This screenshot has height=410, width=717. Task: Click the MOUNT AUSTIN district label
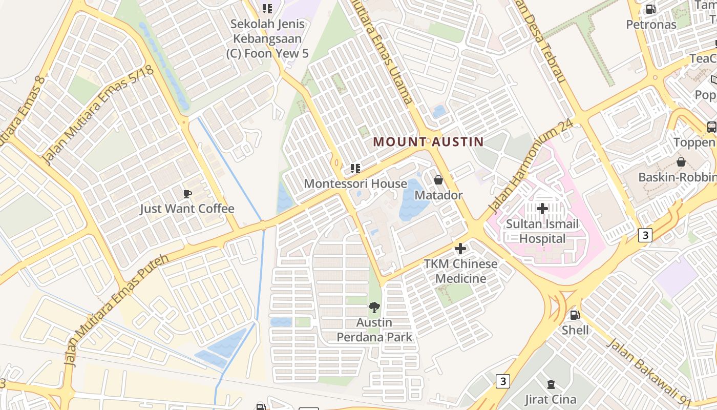tap(428, 141)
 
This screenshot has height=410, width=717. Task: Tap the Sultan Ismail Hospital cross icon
tap(542, 208)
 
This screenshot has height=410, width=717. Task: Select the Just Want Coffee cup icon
tap(187, 194)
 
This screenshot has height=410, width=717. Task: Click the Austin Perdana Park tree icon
tap(374, 307)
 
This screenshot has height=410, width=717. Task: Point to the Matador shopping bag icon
tap(438, 180)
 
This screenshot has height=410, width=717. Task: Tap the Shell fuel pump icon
tap(575, 315)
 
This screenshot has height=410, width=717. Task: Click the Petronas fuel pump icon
tap(650, 9)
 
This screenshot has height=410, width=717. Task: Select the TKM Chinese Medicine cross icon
tap(460, 249)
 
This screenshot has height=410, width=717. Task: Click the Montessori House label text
tap(355, 183)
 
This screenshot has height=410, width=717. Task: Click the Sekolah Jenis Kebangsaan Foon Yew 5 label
tap(267, 38)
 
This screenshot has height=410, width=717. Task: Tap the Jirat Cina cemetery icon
tap(551, 384)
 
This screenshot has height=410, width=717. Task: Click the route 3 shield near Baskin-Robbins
tap(645, 235)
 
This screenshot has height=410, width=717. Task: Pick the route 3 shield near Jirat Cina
tap(503, 381)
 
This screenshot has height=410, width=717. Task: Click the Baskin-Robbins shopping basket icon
tap(681, 162)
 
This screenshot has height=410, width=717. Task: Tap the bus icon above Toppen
tap(711, 127)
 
